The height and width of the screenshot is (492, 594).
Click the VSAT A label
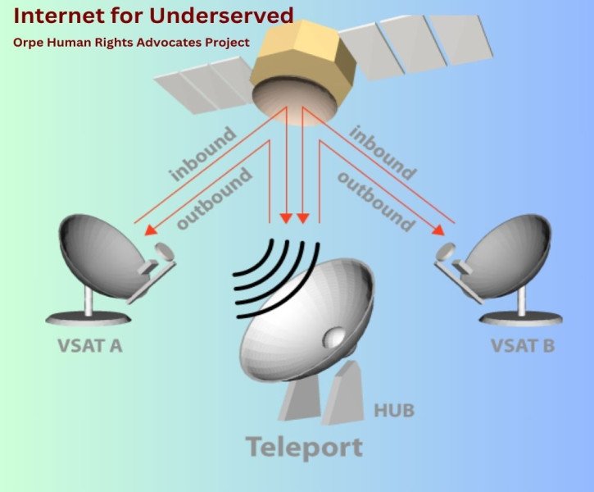coord(90,345)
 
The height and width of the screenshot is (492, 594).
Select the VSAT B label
coord(523,345)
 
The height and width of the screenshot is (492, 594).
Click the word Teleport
coord(303,447)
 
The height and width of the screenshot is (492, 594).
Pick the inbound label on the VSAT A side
coord(202,153)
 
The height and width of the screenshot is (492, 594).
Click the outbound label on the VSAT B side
coord(374,200)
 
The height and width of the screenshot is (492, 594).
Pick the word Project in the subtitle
coord(224,42)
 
